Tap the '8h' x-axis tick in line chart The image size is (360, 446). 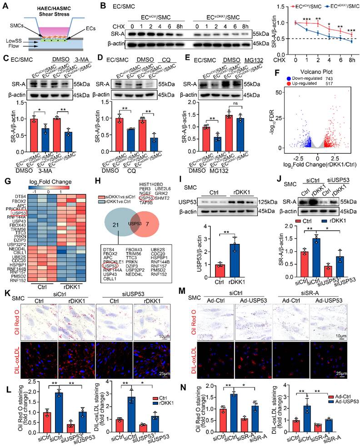click(x=353, y=59)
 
